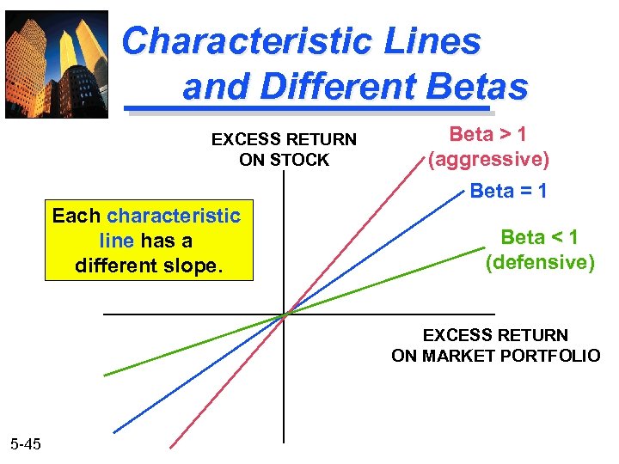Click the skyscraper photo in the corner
(57, 64)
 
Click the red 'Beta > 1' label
(488, 134)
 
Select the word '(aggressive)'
(488, 159)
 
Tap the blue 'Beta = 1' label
(508, 191)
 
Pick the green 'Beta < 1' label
(539, 236)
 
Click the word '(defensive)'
(540, 262)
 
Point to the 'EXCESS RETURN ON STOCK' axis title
(284, 148)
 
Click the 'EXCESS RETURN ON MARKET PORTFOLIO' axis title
(495, 345)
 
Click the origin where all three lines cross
(285, 314)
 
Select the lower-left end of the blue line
(115, 430)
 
